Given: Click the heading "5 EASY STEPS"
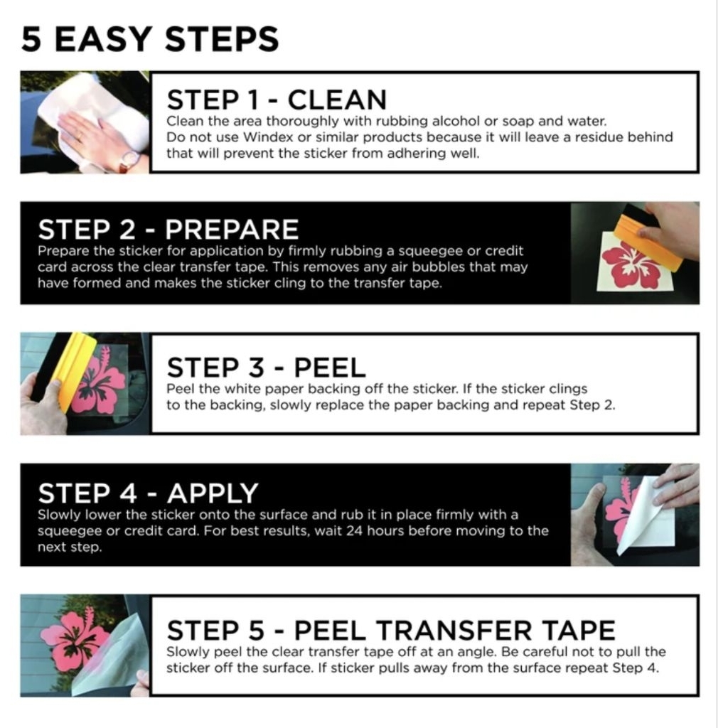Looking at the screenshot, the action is click(150, 39).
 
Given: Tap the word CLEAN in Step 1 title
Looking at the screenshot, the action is click(337, 100).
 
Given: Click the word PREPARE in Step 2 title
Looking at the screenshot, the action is click(232, 230).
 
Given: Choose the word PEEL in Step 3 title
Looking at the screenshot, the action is click(330, 368).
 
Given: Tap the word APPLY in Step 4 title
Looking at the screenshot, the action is click(213, 493).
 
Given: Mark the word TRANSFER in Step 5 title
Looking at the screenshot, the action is click(454, 631).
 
